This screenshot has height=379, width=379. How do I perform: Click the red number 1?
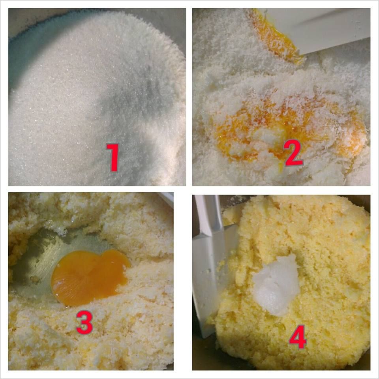pos(113,157)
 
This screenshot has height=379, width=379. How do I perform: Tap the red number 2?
pos(293,153)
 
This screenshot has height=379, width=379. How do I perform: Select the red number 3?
pos(84,322)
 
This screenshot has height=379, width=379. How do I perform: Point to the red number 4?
pos(298,337)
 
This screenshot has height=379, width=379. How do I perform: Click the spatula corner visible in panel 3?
pos(167,199)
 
